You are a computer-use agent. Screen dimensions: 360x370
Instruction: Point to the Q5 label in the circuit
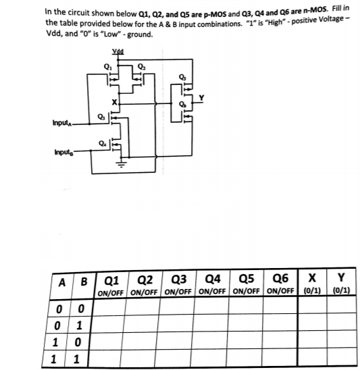180,76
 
